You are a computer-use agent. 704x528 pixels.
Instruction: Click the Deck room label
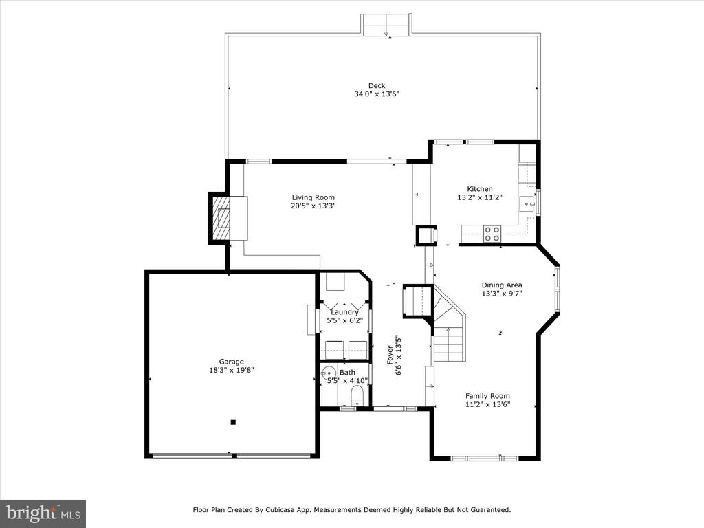(377, 85)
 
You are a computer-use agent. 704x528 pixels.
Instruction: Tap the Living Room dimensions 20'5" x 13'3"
(313, 206)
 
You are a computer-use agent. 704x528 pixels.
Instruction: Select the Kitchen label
(480, 189)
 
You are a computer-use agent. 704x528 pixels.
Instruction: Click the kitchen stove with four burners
(492, 234)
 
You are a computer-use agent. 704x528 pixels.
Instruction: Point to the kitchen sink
(527, 203)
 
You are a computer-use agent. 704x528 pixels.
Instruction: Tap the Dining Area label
(502, 285)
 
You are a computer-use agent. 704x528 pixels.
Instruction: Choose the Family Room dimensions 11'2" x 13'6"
(487, 404)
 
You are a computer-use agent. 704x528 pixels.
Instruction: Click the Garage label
(231, 362)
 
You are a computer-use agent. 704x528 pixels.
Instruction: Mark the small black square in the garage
(233, 422)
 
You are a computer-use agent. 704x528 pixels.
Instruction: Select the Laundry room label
(345, 312)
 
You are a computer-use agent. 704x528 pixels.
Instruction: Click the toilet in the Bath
(357, 395)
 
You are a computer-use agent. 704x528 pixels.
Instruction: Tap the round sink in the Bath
(329, 373)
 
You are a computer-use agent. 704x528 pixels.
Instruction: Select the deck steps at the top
(386, 24)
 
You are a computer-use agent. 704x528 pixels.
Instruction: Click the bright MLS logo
(43, 514)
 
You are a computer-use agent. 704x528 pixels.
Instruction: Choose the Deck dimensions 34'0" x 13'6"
(377, 94)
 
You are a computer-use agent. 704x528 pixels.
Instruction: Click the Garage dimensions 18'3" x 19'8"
(232, 371)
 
